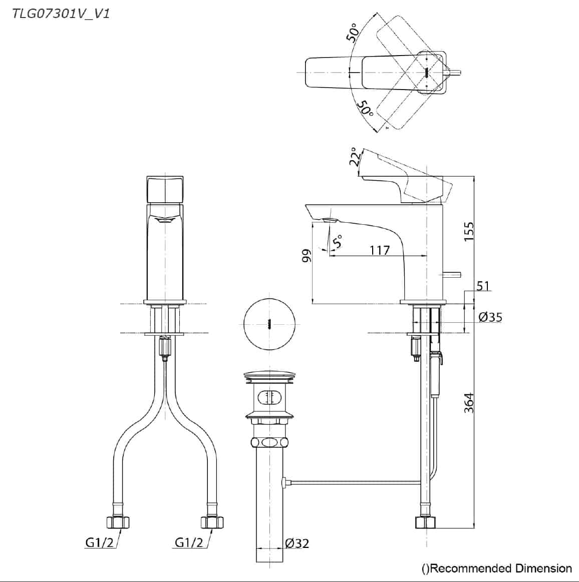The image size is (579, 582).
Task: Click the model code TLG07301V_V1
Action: point(61,14)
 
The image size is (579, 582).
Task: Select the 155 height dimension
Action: point(469,231)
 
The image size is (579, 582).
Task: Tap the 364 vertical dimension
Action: point(469,403)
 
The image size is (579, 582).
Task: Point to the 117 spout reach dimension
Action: point(380,250)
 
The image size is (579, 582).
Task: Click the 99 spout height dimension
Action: point(307,256)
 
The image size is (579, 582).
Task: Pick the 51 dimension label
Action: point(483,286)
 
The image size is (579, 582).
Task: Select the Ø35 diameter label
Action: point(490,317)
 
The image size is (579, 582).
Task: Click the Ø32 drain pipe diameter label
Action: point(297,543)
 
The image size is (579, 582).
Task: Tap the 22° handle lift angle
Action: point(355,157)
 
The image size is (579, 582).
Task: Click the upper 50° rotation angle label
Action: point(353,33)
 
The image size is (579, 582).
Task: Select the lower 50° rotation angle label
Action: point(365,108)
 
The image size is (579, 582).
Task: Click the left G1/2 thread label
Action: point(100,542)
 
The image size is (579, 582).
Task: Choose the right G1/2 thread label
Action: point(189,542)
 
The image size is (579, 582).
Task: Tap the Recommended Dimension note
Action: point(496,568)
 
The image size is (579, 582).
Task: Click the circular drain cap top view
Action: point(269,324)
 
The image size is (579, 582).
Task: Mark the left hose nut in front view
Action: point(118,522)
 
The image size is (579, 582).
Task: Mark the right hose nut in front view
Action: point(212,522)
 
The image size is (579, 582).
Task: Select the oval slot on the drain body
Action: point(269,397)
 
